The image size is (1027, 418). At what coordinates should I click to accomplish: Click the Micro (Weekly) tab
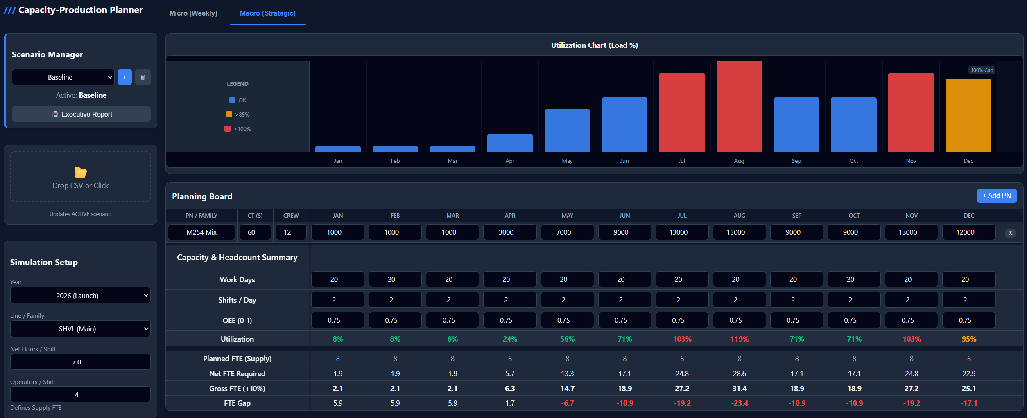click(x=193, y=13)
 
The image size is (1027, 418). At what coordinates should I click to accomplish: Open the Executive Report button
click(x=81, y=114)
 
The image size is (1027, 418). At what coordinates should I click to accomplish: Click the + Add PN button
click(x=996, y=196)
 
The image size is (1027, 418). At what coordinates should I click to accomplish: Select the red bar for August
click(x=739, y=106)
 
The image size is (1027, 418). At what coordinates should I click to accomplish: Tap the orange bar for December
click(x=968, y=115)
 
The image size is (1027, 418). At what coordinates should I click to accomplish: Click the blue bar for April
click(x=510, y=143)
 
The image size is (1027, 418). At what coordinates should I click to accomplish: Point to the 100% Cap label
click(x=982, y=70)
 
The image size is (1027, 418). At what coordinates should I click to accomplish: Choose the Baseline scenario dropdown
click(x=63, y=77)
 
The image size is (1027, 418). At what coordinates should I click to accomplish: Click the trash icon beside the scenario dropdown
click(x=143, y=77)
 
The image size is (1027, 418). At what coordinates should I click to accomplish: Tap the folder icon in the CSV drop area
click(x=81, y=172)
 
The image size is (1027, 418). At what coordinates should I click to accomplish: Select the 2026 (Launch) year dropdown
click(x=80, y=295)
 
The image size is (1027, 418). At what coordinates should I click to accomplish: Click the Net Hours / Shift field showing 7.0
click(x=80, y=362)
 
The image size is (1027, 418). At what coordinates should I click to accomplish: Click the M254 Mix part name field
click(x=201, y=232)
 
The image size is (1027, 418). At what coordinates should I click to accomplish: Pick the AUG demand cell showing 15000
click(x=735, y=232)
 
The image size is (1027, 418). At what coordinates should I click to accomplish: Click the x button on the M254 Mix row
click(x=1010, y=233)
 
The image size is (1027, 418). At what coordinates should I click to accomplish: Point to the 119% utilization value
click(x=739, y=339)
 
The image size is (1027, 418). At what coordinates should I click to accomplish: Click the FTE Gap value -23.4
click(x=739, y=403)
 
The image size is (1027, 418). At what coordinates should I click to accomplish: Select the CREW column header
click(x=291, y=216)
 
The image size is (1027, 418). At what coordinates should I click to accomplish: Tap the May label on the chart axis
click(x=567, y=161)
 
